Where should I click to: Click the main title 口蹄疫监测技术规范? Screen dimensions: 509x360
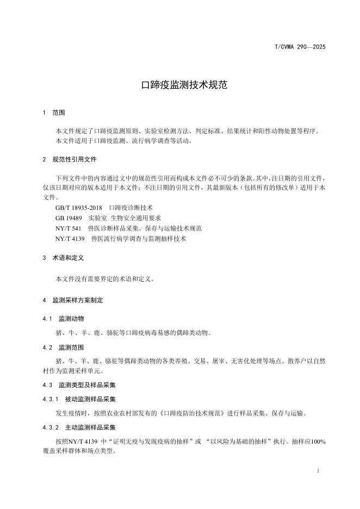point(180,85)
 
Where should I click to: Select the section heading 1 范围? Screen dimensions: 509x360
point(54,113)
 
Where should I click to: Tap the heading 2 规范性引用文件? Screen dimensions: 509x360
point(70,160)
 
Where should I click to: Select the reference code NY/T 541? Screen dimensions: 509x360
point(69,228)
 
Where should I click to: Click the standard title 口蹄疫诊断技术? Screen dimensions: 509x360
point(131,208)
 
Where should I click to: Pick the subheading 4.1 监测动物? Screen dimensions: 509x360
point(64,318)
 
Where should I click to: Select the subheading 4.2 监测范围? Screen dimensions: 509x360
point(64,346)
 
